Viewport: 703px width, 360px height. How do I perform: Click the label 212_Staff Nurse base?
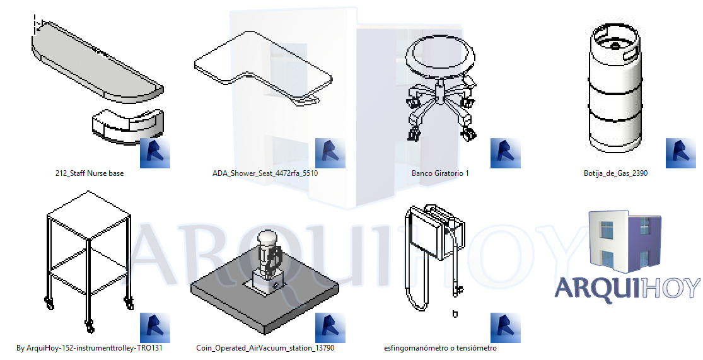pyautogui.click(x=90, y=173)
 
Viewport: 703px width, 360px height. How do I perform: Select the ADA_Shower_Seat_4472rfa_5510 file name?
pyautogui.click(x=265, y=173)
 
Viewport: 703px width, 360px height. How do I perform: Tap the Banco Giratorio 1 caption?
pyautogui.click(x=440, y=173)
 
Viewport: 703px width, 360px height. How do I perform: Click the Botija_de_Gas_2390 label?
pyautogui.click(x=615, y=173)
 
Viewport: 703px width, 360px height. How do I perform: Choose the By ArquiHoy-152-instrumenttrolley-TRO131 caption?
pyautogui.click(x=90, y=348)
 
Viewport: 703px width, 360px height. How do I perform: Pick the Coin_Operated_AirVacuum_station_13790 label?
pyautogui.click(x=265, y=348)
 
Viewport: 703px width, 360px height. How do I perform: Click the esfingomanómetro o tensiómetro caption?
pyautogui.click(x=440, y=348)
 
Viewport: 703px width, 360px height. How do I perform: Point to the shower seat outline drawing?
pyautogui.click(x=262, y=73)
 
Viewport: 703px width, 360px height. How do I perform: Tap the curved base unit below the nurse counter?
pyautogui.click(x=127, y=124)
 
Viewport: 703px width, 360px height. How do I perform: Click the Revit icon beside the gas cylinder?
pyautogui.click(x=680, y=153)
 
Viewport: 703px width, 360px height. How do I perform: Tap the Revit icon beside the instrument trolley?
pyautogui.click(x=154, y=328)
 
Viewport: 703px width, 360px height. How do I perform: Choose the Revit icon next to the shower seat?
pyautogui.click(x=330, y=153)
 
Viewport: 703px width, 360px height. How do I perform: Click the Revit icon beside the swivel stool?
pyautogui.click(x=505, y=153)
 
